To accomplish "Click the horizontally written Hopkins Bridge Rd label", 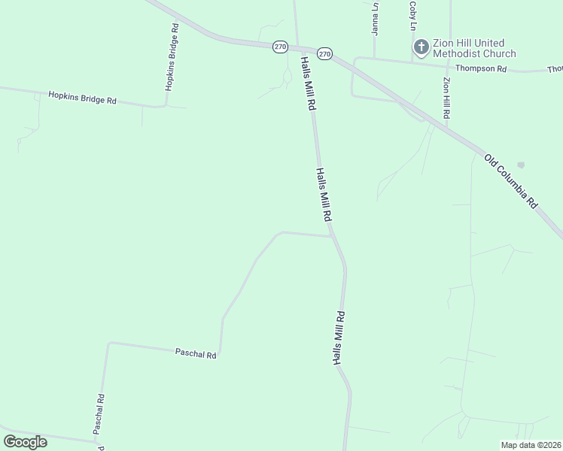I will click(x=82, y=98).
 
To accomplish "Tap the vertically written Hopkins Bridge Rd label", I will click(x=172, y=56).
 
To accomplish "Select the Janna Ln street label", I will click(x=374, y=18).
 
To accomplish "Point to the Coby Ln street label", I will click(x=412, y=15).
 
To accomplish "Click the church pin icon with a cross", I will click(x=421, y=48).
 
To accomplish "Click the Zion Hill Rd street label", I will click(x=446, y=98).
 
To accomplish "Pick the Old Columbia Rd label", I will click(x=512, y=181).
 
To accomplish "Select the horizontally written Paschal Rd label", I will click(x=196, y=353).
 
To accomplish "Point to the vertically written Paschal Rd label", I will click(x=99, y=414).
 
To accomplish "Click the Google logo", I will click(x=25, y=441).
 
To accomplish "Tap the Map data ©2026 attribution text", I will click(x=531, y=445).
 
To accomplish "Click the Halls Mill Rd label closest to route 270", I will click(x=307, y=83).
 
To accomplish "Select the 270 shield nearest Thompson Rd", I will click(x=324, y=53).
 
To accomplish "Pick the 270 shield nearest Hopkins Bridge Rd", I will click(x=280, y=47).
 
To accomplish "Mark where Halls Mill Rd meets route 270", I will click(x=299, y=47).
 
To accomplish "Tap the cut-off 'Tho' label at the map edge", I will click(x=555, y=69).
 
